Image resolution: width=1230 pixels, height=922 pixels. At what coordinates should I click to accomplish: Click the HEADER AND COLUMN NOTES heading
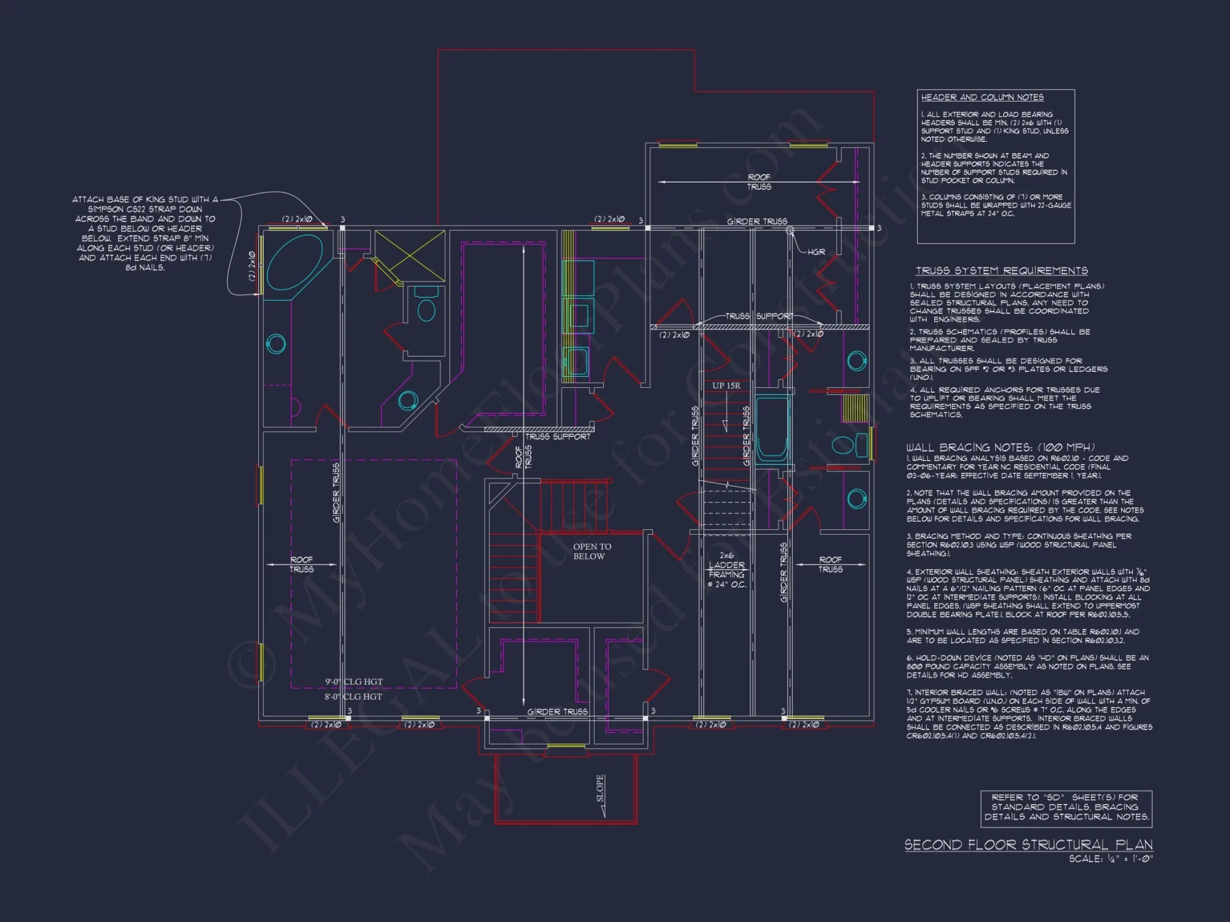click(x=982, y=97)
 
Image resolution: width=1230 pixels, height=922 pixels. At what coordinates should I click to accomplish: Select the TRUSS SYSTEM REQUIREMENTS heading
click(x=1001, y=270)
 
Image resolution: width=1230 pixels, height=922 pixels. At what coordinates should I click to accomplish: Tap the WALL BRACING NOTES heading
click(x=1000, y=447)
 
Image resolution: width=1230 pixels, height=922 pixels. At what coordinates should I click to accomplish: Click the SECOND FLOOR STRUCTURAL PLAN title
click(x=1028, y=845)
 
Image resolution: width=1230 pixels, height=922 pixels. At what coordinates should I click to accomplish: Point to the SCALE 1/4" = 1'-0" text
click(x=1110, y=859)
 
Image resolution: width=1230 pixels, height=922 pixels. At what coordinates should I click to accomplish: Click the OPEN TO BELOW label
click(x=592, y=551)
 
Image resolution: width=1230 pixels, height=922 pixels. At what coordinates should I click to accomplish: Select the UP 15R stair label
click(x=726, y=385)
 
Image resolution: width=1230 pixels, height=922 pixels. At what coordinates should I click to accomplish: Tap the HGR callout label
click(x=816, y=252)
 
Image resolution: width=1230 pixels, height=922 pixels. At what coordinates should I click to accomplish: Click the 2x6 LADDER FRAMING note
click(x=726, y=570)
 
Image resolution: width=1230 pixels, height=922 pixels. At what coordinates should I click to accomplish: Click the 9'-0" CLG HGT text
click(x=354, y=682)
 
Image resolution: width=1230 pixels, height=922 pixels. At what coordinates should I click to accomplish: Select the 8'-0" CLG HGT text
click(x=354, y=696)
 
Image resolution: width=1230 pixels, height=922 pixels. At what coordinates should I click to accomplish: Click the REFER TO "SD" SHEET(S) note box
click(x=1066, y=807)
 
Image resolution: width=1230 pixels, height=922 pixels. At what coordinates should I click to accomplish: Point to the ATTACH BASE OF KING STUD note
click(x=145, y=233)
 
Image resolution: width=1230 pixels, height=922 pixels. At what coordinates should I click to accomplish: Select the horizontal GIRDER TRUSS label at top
click(x=756, y=221)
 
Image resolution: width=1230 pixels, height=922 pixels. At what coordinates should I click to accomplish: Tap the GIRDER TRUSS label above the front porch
click(x=557, y=712)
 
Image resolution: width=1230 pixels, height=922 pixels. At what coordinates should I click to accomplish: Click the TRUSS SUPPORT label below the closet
click(x=557, y=436)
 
